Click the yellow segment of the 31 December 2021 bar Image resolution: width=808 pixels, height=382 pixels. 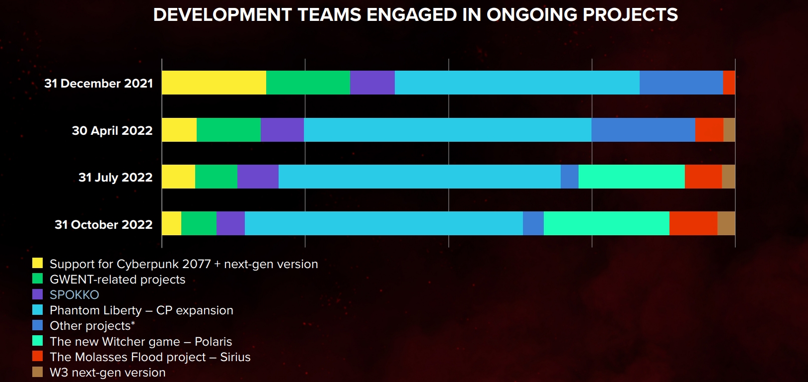click(214, 83)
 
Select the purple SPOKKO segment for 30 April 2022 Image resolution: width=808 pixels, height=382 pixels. click(282, 130)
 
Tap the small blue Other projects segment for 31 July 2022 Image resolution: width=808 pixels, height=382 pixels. click(569, 177)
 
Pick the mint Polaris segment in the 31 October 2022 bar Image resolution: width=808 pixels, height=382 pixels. click(606, 223)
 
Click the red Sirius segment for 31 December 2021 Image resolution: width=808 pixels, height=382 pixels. click(729, 83)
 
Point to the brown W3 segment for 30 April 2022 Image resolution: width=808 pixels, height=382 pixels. click(729, 130)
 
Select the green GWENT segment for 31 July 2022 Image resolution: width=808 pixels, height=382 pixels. click(216, 177)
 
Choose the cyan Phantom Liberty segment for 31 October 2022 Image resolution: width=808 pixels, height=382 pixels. click(383, 223)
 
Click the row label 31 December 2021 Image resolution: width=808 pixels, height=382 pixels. click(98, 84)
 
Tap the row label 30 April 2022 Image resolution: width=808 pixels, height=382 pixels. click(112, 131)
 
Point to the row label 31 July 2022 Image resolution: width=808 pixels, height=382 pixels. click(115, 178)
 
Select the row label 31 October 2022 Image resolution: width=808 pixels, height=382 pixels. click(103, 225)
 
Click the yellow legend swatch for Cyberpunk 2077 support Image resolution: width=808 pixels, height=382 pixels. click(37, 263)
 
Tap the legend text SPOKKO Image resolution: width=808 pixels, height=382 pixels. click(74, 295)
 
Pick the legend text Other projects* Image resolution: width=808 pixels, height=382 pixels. click(92, 326)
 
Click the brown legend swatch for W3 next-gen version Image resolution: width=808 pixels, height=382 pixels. click(37, 372)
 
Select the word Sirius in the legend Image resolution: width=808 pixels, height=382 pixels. click(235, 357)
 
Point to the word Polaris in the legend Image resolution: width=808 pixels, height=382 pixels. click(213, 342)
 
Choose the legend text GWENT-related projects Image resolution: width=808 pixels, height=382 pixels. click(117, 280)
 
